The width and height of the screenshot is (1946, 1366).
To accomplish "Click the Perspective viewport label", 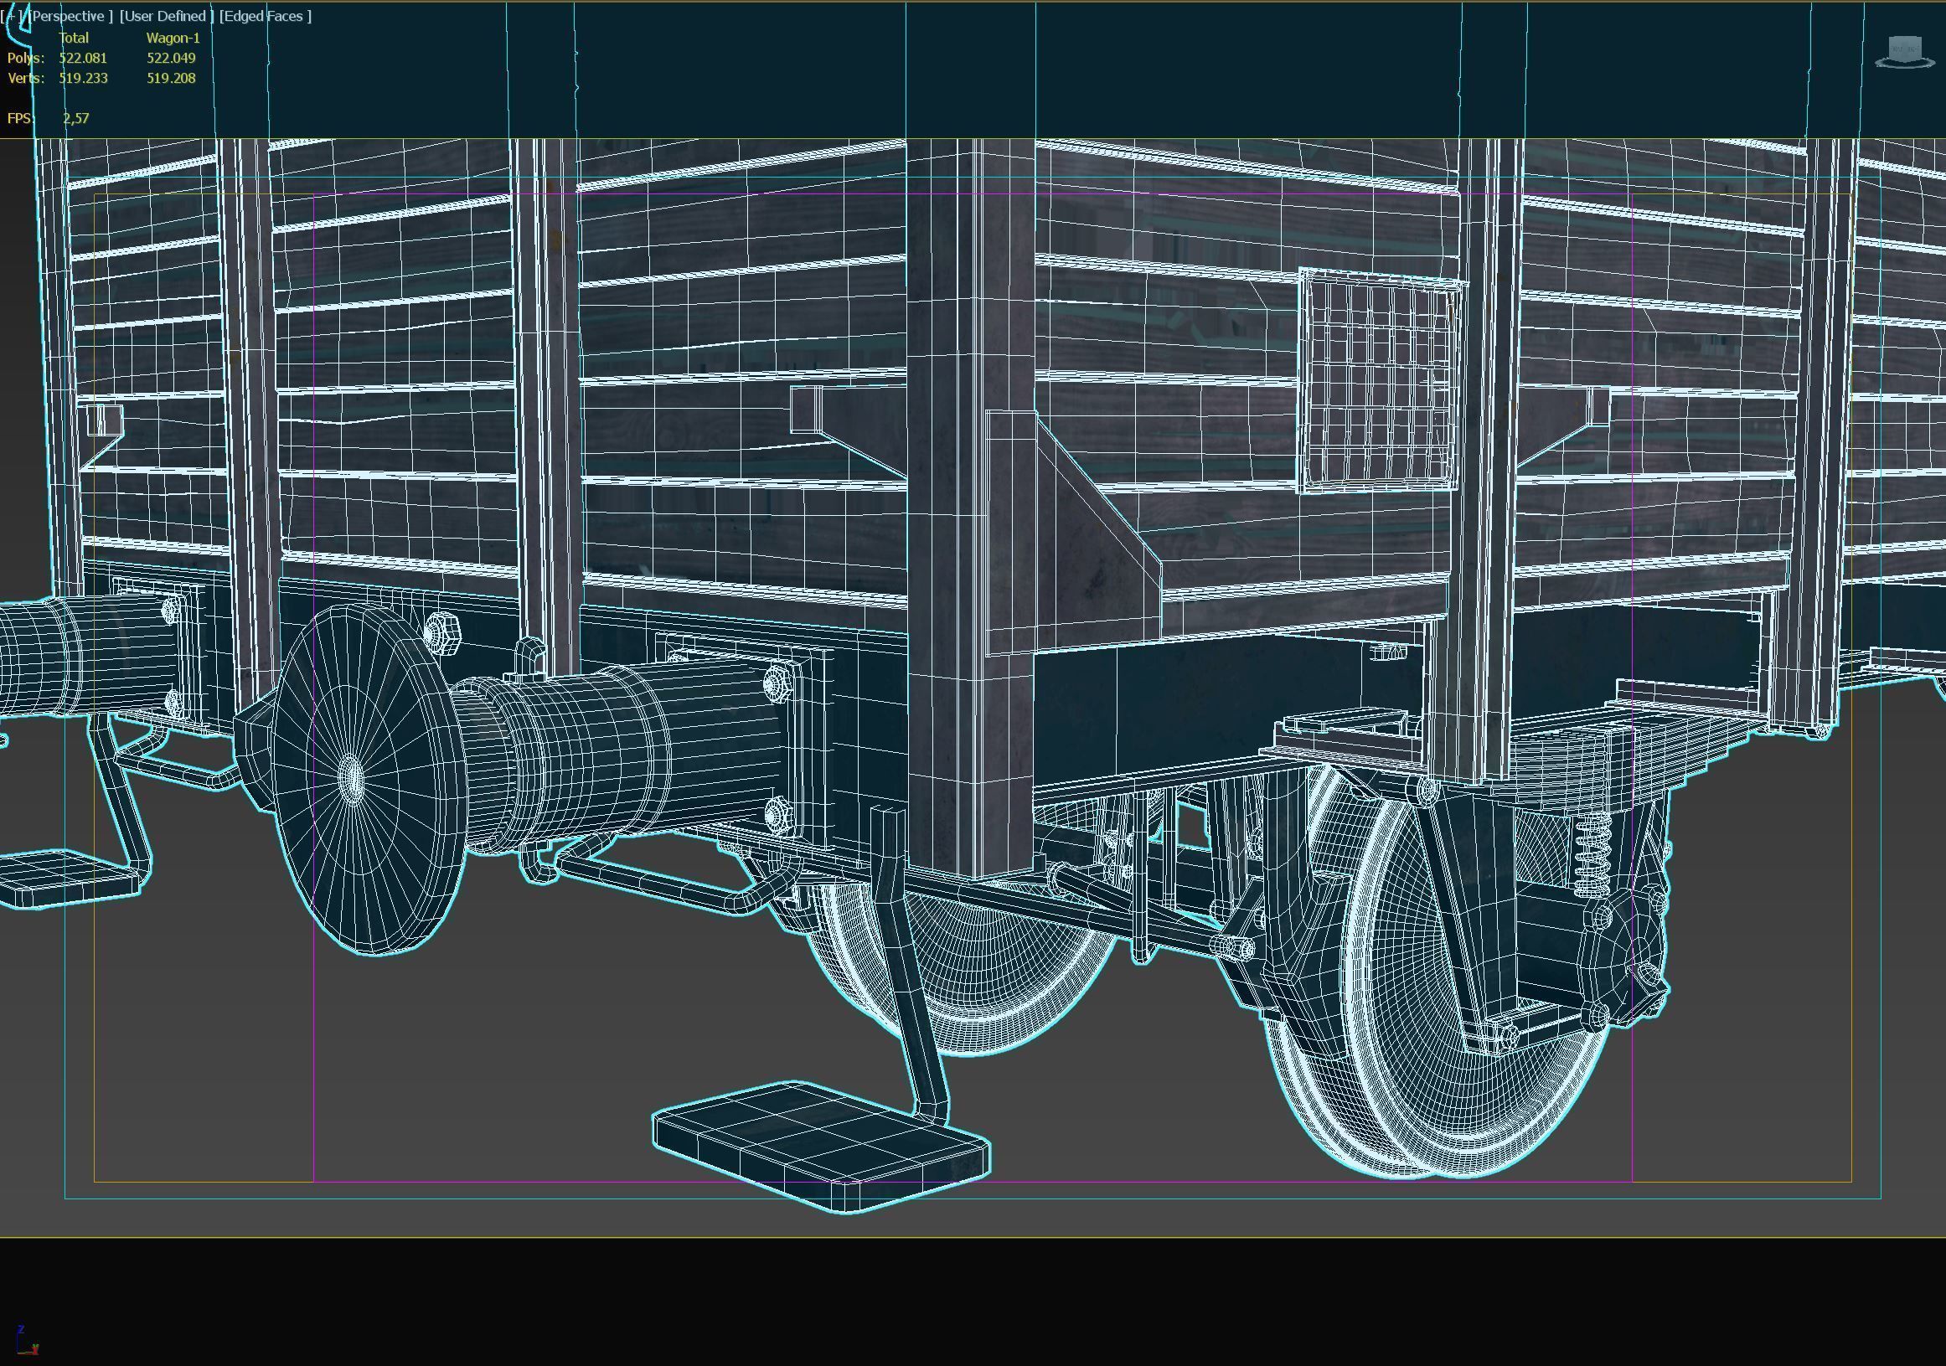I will (70, 16).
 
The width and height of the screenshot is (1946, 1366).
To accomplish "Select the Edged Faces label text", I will (266, 16).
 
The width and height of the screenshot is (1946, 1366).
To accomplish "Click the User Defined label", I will (166, 16).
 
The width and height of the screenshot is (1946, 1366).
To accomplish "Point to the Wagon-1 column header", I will (173, 38).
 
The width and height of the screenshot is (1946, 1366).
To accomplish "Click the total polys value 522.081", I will (83, 58).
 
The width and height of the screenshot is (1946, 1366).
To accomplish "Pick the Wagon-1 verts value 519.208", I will (171, 78).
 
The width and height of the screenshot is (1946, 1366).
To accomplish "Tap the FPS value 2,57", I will (75, 118).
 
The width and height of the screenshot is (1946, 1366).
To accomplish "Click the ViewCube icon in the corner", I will (1903, 51).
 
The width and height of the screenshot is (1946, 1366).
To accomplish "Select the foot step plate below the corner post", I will (820, 1144).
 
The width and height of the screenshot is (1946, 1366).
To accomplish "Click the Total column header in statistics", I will (74, 38).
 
